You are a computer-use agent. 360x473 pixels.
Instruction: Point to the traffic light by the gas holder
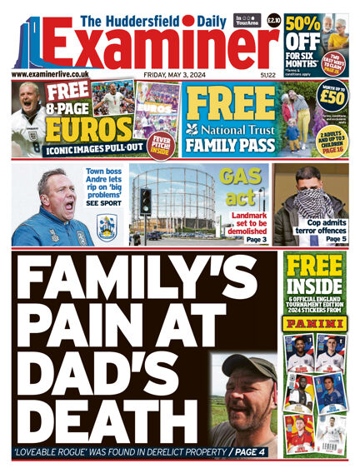(146, 201)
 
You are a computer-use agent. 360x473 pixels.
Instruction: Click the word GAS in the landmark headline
(237, 177)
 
